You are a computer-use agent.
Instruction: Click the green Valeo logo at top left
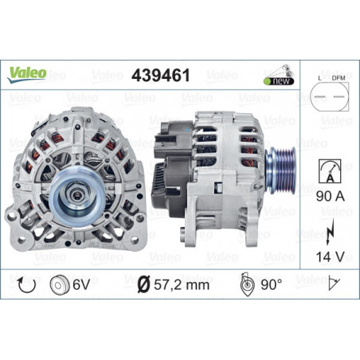[27, 74]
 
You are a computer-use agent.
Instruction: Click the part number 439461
[161, 76]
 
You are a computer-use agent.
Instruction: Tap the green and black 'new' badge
[279, 81]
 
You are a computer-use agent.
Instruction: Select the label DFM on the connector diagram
[338, 78]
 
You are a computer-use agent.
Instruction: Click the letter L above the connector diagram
[319, 78]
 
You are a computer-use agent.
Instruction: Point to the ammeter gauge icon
[330, 171]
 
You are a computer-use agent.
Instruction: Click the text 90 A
[331, 197]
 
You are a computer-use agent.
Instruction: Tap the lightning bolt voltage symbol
[330, 232]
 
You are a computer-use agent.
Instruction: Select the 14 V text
[331, 256]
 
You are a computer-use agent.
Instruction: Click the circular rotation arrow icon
[26, 285]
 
